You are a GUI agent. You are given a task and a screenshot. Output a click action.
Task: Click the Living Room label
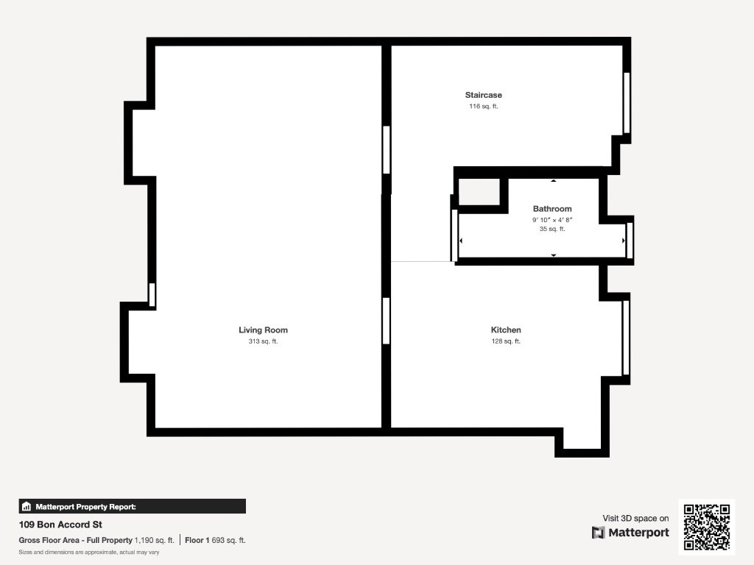point(263,330)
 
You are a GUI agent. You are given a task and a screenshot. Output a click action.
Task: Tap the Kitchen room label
point(506,330)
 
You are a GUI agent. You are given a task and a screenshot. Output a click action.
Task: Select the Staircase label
point(483,95)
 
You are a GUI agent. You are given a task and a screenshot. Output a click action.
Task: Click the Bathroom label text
point(552,209)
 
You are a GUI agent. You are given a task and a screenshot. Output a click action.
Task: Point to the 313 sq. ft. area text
point(263,341)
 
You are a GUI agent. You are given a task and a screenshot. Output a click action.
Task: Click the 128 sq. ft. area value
point(506,341)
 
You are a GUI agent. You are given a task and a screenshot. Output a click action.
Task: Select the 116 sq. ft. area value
point(483,107)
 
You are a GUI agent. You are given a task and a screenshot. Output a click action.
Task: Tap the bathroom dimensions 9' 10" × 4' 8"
point(552,220)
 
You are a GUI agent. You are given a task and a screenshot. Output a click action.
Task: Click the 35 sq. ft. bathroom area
point(552,230)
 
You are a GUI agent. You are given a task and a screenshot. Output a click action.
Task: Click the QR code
point(706,527)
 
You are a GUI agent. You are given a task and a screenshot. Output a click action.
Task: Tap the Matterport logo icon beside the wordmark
point(598,533)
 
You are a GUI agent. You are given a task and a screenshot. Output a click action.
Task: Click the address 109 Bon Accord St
point(60,525)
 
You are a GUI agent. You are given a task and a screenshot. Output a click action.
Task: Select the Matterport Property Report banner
point(133,506)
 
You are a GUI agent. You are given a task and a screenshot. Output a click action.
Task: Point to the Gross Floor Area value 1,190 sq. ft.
point(155,541)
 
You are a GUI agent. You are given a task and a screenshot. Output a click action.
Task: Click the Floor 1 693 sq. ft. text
point(215,541)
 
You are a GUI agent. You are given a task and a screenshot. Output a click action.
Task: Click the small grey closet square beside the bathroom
point(479,192)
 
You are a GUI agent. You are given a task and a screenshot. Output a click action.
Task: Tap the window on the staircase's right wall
point(627,103)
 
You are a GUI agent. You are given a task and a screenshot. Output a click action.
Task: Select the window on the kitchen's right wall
point(626,337)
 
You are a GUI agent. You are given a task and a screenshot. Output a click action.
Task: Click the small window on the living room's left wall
point(152,294)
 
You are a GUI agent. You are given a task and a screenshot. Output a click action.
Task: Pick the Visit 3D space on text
point(635,519)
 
